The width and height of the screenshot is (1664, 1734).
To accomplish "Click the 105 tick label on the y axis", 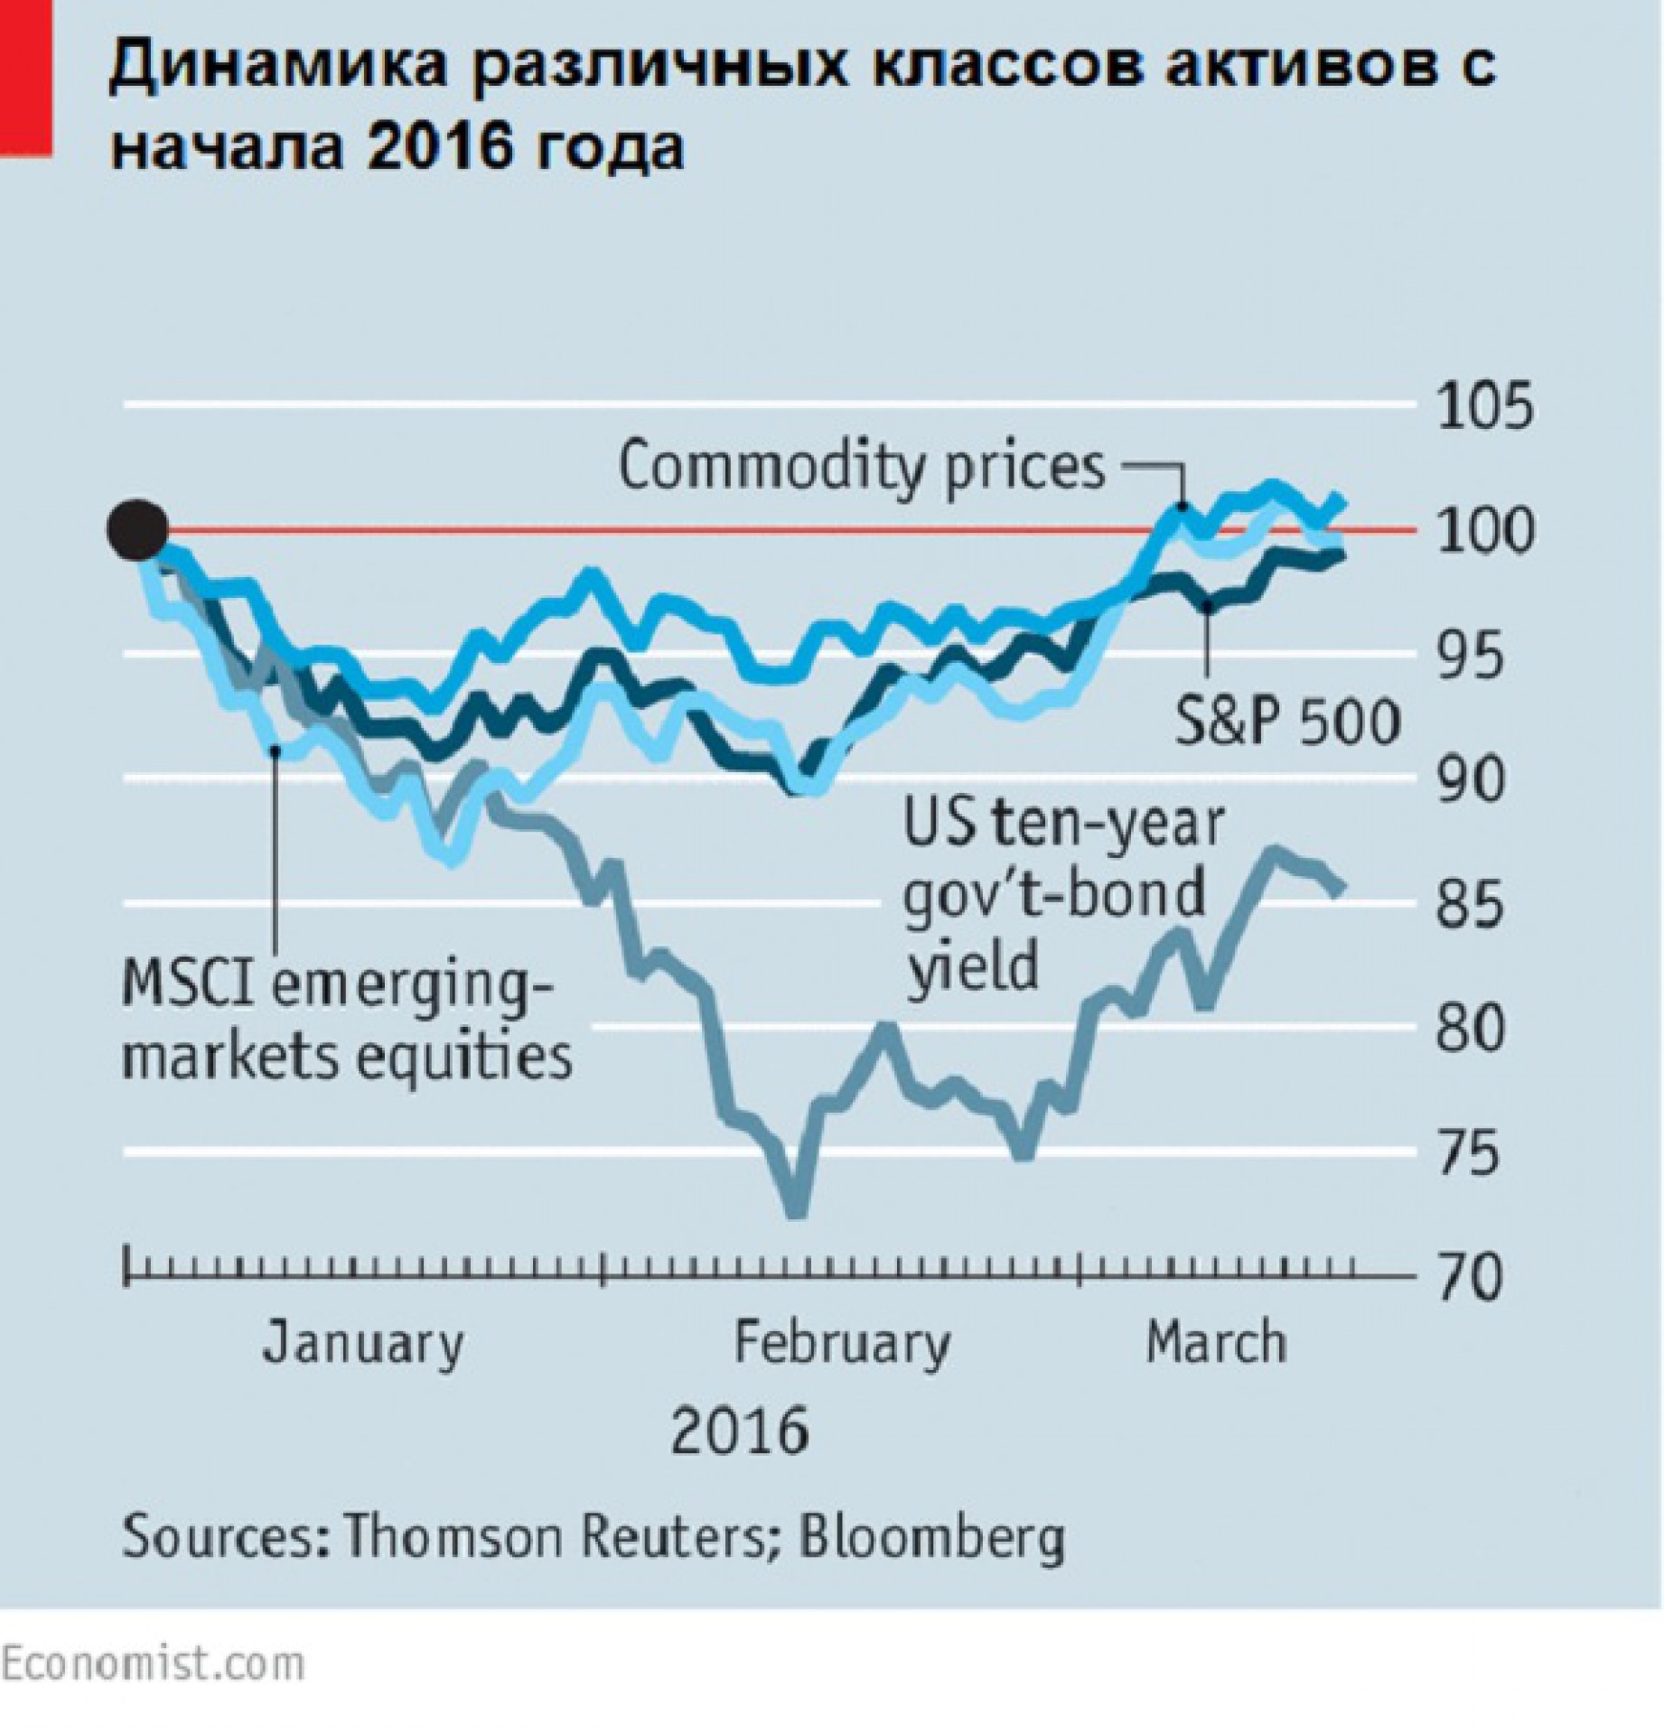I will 1485,407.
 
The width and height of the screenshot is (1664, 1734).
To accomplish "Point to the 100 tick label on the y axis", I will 1485,532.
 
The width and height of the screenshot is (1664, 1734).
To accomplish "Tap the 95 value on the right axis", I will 1472,657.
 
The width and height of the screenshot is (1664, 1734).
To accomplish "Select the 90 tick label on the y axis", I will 1472,780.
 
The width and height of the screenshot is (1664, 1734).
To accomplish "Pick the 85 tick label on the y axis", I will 1472,904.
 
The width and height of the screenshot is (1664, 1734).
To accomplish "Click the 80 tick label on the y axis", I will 1472,1029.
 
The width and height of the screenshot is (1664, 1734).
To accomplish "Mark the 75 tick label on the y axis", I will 1472,1153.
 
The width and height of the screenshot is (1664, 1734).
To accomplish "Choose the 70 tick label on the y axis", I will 1472,1277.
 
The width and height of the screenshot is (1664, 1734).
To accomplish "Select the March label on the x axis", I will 1216,1342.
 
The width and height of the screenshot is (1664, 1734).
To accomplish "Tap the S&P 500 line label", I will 1287,722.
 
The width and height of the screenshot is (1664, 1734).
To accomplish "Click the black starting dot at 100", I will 137,531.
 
